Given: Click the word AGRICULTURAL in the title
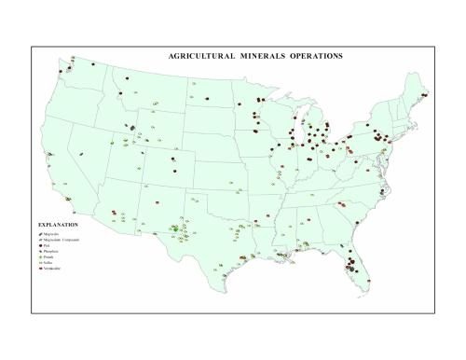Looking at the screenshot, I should tap(199, 56).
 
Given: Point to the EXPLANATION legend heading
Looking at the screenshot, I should tap(58, 225).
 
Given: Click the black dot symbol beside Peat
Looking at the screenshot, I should tap(40, 246).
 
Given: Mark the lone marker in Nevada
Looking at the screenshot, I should tap(81, 155).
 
